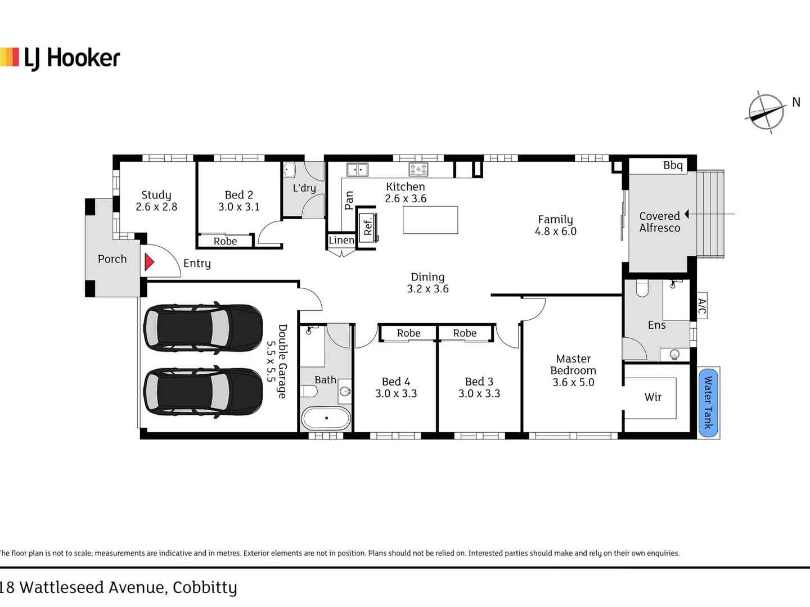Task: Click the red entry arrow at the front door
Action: (148, 262)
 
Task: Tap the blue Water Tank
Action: (708, 403)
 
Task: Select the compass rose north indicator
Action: (766, 112)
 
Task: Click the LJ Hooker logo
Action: (60, 58)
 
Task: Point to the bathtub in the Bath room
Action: (326, 418)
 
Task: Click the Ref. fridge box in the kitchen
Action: (368, 228)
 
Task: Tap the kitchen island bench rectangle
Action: (430, 220)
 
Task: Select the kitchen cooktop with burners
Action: (418, 169)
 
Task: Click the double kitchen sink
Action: (357, 170)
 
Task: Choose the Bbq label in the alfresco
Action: (673, 165)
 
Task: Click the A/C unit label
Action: (702, 306)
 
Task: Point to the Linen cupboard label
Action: (341, 241)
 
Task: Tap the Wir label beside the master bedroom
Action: (653, 397)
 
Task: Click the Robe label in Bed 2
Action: (225, 242)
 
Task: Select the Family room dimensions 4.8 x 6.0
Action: (555, 231)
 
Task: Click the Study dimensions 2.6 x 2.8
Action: (156, 207)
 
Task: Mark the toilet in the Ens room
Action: (642, 288)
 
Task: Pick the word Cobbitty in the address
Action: (205, 587)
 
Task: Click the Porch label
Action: (112, 259)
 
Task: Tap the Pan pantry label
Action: (349, 201)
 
